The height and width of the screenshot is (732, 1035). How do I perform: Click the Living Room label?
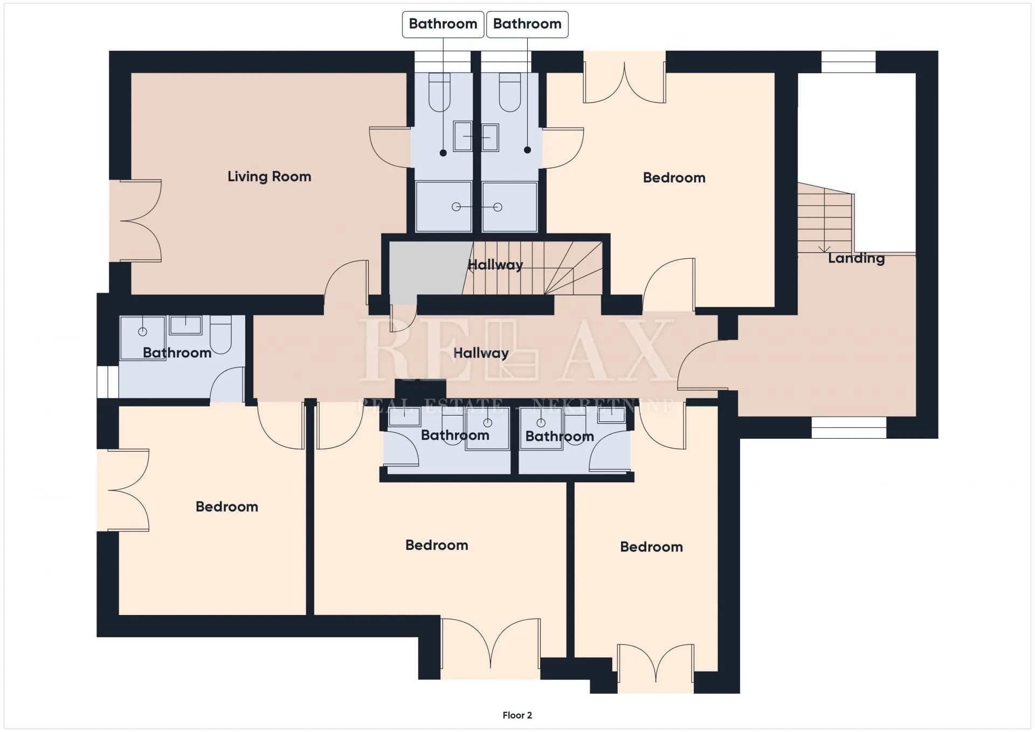(x=269, y=177)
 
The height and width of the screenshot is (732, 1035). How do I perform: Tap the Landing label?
(x=856, y=258)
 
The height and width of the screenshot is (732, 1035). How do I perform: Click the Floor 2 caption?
(x=517, y=715)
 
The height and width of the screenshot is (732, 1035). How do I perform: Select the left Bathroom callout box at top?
(x=443, y=24)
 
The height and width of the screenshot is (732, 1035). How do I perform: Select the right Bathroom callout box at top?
(x=527, y=24)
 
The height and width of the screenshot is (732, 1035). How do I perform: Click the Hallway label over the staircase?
(x=495, y=265)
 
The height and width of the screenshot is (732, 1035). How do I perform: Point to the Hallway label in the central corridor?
(x=481, y=353)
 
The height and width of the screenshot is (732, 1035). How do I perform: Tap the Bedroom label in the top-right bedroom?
(x=674, y=178)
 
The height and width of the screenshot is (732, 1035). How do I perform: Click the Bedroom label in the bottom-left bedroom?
(x=226, y=507)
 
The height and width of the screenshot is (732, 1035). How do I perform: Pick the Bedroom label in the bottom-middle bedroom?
(x=437, y=545)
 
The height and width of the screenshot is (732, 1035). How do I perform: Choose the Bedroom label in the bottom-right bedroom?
(x=651, y=547)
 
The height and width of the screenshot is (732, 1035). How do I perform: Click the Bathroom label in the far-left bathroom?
(x=177, y=353)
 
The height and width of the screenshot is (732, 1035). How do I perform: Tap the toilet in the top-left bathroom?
(x=439, y=92)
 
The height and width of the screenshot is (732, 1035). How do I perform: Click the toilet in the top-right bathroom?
(x=510, y=92)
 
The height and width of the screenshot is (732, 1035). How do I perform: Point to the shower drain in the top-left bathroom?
(x=456, y=207)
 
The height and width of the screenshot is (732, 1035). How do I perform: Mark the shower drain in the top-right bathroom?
(x=498, y=207)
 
